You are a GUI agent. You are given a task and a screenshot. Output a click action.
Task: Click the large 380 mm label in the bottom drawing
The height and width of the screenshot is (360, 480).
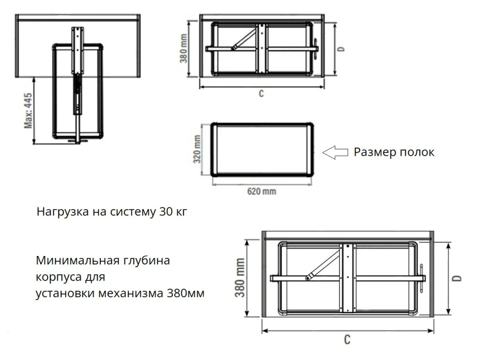pyautogui.click(x=242, y=278)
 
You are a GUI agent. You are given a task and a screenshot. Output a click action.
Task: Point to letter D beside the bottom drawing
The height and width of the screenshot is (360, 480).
pyautogui.click(x=458, y=278)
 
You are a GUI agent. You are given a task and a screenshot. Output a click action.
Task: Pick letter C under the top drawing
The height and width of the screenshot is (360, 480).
pyautogui.click(x=261, y=93)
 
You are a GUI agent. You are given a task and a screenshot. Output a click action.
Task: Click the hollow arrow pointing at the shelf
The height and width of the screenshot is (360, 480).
pyautogui.click(x=335, y=153)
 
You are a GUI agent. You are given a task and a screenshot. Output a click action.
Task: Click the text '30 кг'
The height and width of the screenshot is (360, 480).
pyautogui.click(x=173, y=212)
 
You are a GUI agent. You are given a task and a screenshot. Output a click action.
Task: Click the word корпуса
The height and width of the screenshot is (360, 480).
pyautogui.click(x=57, y=277)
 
